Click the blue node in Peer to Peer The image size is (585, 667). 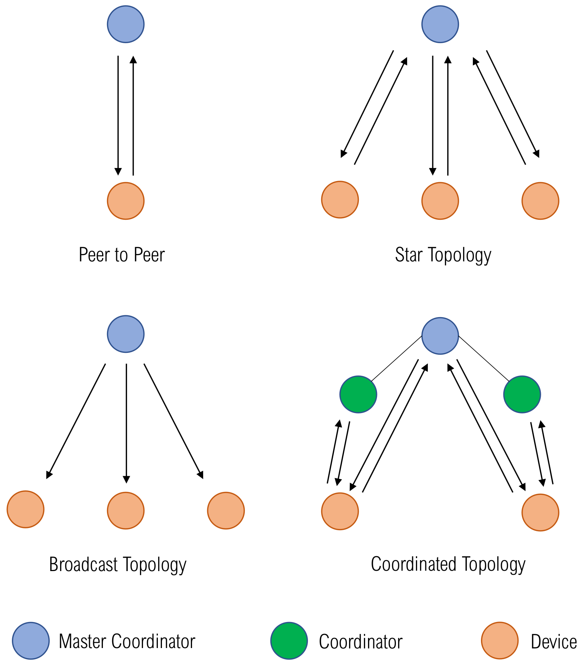click(126, 24)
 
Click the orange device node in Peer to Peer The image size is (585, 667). click(126, 201)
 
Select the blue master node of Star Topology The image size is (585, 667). click(440, 24)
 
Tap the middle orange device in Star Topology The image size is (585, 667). click(440, 201)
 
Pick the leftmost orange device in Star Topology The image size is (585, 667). click(340, 200)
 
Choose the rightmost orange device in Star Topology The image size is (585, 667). click(540, 201)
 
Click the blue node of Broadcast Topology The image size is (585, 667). click(126, 334)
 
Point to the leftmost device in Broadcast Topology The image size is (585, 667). click(26, 509)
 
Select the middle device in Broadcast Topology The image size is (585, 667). click(126, 510)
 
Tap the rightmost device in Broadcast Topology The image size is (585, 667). click(226, 510)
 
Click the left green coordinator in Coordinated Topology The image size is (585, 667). click(358, 394)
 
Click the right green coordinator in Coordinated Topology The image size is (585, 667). click(522, 394)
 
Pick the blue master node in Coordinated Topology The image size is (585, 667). click(440, 336)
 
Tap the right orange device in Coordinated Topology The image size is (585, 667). click(540, 512)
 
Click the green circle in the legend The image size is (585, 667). click(289, 641)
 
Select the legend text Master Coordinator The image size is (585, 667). click(127, 641)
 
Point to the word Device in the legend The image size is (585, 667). click(553, 642)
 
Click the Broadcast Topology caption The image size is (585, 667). click(118, 564)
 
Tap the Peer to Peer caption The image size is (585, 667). click(121, 255)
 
